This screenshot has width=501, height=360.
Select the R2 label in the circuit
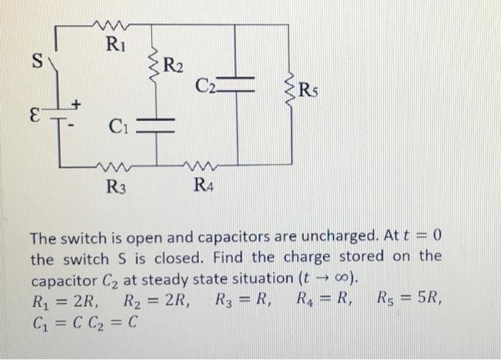point(173,69)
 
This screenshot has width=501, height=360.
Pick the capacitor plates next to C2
point(237,81)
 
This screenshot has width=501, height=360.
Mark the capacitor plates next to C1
point(156,127)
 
